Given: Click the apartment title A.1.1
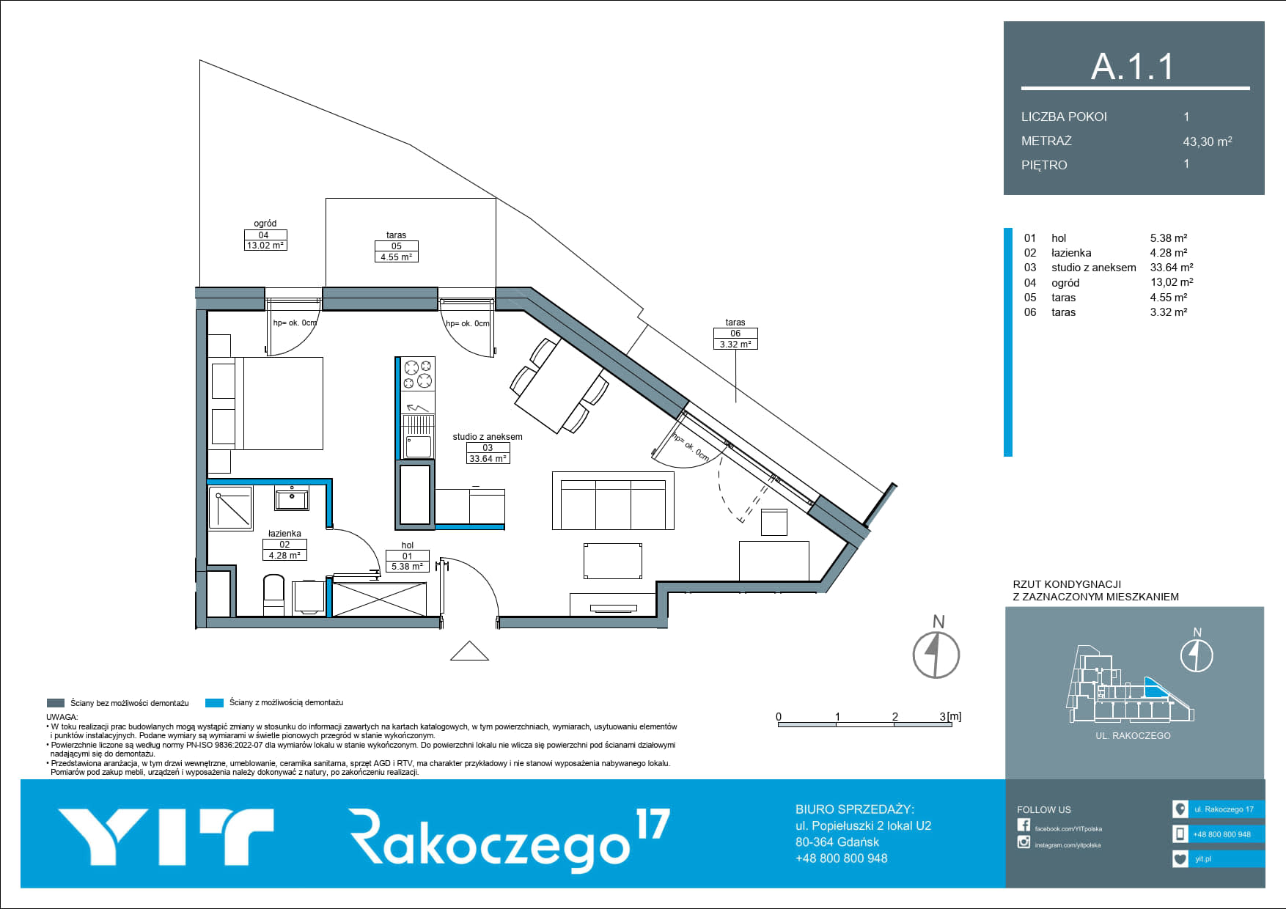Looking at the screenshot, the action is click(1133, 67).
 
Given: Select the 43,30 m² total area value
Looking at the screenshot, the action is click(1207, 141).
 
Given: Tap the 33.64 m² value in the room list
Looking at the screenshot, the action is click(1172, 268).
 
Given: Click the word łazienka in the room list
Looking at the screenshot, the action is click(1071, 253).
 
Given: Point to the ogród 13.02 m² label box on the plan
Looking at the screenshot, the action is click(265, 240).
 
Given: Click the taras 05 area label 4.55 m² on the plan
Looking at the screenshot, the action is click(396, 257).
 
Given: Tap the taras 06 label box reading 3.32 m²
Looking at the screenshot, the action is click(735, 339).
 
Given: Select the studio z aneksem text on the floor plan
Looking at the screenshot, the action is click(488, 437).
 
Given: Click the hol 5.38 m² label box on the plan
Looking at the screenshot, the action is click(408, 562).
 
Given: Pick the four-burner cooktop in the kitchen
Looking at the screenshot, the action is click(418, 374).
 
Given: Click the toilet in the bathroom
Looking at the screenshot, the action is click(273, 595).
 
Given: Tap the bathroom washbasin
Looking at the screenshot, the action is click(292, 498).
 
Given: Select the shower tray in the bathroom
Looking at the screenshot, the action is click(231, 507).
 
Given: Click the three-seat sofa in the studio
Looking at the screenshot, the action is click(613, 501).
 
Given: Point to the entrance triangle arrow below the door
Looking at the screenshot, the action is click(469, 651).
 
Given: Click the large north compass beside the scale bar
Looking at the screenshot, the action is click(936, 655).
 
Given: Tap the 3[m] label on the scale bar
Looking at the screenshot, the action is click(950, 716).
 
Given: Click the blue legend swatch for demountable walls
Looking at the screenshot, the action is click(214, 703).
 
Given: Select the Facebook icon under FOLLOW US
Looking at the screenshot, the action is click(1024, 825).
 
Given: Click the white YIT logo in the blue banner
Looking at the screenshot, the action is click(166, 836).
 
